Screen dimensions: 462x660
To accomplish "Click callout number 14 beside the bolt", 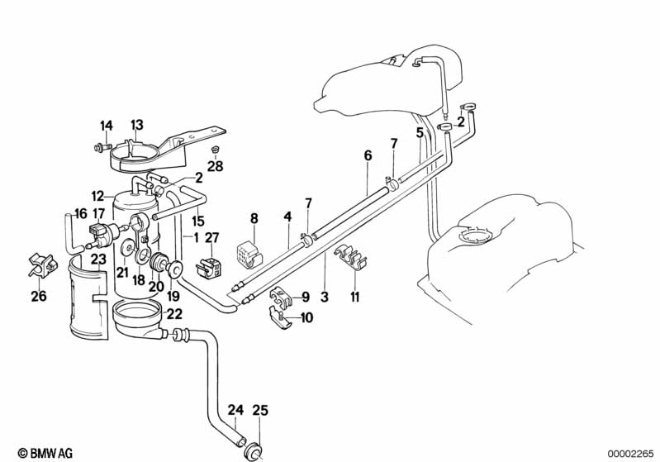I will point(107,126).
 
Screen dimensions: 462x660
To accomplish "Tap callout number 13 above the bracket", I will point(137,124).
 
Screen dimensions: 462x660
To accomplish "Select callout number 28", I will point(216,167).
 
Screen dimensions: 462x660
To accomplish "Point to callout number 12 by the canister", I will point(98,197).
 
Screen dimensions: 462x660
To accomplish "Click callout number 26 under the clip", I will point(38,297).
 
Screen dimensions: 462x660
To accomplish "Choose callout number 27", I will point(211,239).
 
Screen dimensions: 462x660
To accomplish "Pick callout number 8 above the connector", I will point(254,219).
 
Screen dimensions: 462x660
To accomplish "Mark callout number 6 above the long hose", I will point(368,155).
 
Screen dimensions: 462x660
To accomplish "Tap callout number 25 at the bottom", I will point(259,408).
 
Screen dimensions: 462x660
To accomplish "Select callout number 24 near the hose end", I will point(235,408).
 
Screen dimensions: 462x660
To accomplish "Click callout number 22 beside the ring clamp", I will point(174,313).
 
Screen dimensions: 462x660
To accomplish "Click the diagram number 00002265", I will point(630,452).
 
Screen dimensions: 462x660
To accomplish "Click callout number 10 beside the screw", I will point(306,317).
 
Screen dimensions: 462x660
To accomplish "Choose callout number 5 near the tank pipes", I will point(420,132).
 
